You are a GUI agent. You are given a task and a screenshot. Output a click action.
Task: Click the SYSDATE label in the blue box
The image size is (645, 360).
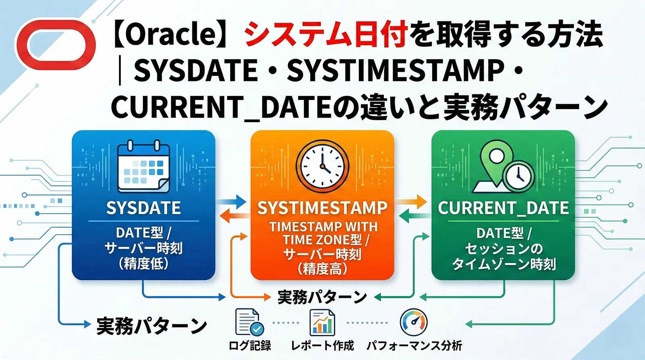[144, 208]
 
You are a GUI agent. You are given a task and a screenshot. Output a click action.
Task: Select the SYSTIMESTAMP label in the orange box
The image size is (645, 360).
[322, 208]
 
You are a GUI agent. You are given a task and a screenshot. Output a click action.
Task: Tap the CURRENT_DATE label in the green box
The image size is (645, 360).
[503, 208]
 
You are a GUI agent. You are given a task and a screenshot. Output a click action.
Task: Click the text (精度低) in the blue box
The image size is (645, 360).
[144, 264]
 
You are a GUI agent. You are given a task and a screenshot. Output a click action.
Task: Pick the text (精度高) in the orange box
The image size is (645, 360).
[322, 269]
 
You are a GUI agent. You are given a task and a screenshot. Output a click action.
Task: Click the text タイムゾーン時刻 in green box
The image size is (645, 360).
[504, 264]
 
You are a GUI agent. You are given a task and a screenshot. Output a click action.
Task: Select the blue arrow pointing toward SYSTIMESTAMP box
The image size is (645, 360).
[232, 201]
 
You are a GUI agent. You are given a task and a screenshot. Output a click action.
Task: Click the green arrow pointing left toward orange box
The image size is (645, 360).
[413, 218]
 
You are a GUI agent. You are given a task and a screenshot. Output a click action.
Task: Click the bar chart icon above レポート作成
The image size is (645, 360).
[322, 322]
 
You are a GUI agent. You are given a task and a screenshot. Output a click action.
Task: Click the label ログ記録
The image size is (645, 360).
[250, 345]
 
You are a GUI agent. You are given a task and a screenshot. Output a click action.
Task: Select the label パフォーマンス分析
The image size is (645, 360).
[414, 345]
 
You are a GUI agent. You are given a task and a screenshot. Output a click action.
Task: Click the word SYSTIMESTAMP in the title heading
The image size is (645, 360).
[395, 71]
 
